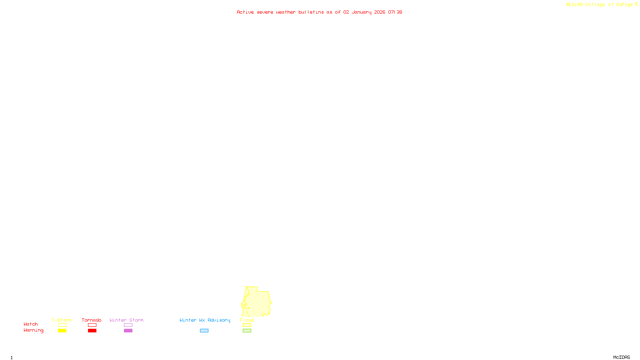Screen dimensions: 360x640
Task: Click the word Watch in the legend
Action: click(x=31, y=324)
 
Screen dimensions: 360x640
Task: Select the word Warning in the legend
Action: click(x=33, y=330)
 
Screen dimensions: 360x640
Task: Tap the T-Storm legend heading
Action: click(x=62, y=320)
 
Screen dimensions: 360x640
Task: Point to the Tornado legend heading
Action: click(x=92, y=320)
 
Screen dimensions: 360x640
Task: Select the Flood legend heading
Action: click(x=247, y=320)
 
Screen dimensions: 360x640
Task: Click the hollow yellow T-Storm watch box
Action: click(x=62, y=325)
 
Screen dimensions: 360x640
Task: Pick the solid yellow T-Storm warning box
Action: click(x=62, y=331)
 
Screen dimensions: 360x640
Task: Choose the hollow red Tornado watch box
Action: click(x=92, y=325)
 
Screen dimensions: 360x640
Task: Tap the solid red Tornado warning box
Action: click(x=92, y=331)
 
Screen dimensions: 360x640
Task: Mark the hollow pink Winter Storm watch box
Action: click(x=128, y=325)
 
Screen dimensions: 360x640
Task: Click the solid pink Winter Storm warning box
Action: click(x=128, y=331)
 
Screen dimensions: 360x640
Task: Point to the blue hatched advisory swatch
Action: click(x=204, y=331)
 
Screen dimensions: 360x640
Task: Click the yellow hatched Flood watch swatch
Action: click(x=247, y=325)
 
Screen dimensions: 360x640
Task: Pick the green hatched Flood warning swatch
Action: click(x=247, y=331)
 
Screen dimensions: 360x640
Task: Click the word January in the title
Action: click(x=362, y=12)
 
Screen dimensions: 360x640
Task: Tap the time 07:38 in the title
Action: click(x=395, y=12)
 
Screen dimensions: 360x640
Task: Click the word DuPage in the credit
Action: click(x=624, y=5)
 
